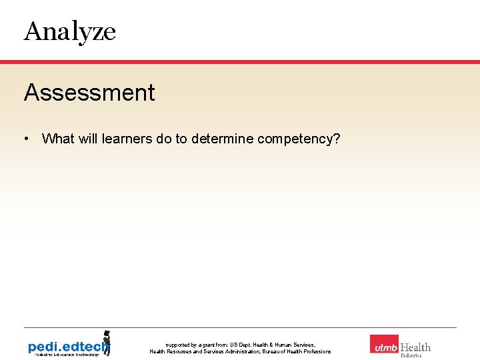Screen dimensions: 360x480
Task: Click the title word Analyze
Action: coord(70,31)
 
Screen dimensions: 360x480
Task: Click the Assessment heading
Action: coord(89,93)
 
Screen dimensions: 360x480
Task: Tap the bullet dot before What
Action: coord(25,139)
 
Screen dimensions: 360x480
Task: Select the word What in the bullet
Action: coord(58,139)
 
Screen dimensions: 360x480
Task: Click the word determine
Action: coord(222,139)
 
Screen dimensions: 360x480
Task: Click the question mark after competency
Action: coord(337,139)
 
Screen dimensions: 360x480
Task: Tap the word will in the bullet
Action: coord(88,139)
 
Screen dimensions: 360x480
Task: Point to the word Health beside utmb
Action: coord(415,347)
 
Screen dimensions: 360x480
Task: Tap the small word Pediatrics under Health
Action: coord(411,356)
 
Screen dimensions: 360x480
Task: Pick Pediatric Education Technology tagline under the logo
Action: coord(63,355)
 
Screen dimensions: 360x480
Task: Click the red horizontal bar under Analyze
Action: coord(240,61)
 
